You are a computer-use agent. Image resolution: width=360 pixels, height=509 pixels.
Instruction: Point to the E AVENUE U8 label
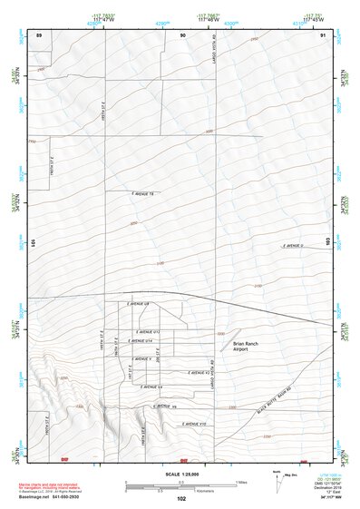(137, 304)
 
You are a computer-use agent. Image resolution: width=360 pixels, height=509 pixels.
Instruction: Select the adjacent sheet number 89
(39, 34)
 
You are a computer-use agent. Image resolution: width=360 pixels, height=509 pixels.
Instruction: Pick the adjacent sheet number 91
(324, 34)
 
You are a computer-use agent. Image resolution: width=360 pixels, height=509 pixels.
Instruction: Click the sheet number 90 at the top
(182, 34)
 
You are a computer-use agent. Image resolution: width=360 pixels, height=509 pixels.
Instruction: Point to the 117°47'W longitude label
(106, 19)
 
